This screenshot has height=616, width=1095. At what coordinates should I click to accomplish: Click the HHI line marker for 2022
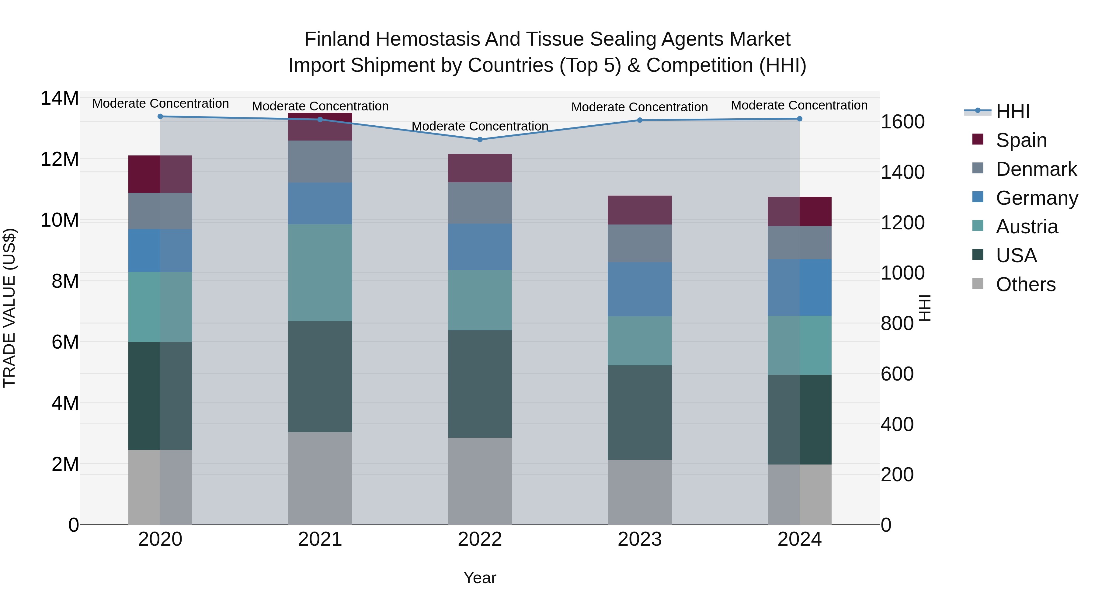click(x=480, y=139)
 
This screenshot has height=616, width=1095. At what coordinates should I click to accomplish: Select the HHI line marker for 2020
click(x=160, y=117)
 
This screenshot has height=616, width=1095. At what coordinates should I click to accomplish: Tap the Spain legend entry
click(x=1021, y=140)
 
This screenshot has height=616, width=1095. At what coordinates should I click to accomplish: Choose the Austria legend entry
click(x=1027, y=227)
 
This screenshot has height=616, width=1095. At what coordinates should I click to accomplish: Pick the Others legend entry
click(x=1025, y=284)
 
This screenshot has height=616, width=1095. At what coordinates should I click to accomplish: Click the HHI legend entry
click(x=1013, y=111)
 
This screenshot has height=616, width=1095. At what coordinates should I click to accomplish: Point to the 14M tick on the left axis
click(x=60, y=98)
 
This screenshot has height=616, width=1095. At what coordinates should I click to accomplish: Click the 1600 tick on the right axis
click(x=902, y=122)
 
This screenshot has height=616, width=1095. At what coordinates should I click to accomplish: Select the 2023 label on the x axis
click(x=639, y=539)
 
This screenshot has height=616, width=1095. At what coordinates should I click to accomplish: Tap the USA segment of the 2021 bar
click(x=320, y=377)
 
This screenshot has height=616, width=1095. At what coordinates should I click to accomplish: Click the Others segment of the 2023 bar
click(x=639, y=492)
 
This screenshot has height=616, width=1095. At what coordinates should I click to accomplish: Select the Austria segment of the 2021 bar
click(x=320, y=273)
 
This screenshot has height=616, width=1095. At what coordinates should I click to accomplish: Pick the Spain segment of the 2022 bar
click(x=480, y=168)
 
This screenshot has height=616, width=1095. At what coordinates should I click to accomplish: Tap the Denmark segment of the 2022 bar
click(x=480, y=203)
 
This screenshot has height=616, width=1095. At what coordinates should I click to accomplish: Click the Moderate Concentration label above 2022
click(x=480, y=126)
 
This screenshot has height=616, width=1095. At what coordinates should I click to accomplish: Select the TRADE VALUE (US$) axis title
click(x=9, y=308)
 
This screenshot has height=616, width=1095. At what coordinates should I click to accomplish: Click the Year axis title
click(x=480, y=578)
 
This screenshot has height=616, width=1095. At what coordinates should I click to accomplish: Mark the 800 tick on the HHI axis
click(x=897, y=324)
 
